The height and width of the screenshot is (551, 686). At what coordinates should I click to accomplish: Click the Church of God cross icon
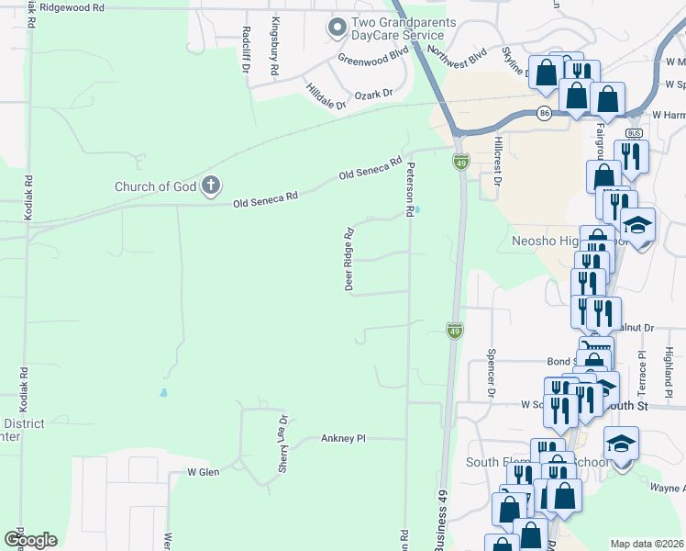pyautogui.click(x=210, y=186)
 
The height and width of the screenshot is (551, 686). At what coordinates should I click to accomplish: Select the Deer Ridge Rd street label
pyautogui.click(x=349, y=259)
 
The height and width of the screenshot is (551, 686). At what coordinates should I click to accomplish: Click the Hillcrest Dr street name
pyautogui.click(x=497, y=163)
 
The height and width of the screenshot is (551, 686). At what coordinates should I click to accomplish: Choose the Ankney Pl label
pyautogui.click(x=343, y=439)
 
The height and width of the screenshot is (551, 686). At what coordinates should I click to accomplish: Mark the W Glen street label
pyautogui.click(x=204, y=472)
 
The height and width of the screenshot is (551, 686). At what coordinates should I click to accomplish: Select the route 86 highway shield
pyautogui.click(x=545, y=114)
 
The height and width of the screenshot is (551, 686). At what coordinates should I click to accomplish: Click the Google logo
pyautogui.click(x=30, y=540)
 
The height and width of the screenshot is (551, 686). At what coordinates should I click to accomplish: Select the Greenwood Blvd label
pyautogui.click(x=372, y=57)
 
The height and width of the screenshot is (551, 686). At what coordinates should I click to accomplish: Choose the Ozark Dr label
pyautogui.click(x=374, y=95)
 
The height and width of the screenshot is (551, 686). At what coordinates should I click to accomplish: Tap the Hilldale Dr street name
pyautogui.click(x=326, y=97)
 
